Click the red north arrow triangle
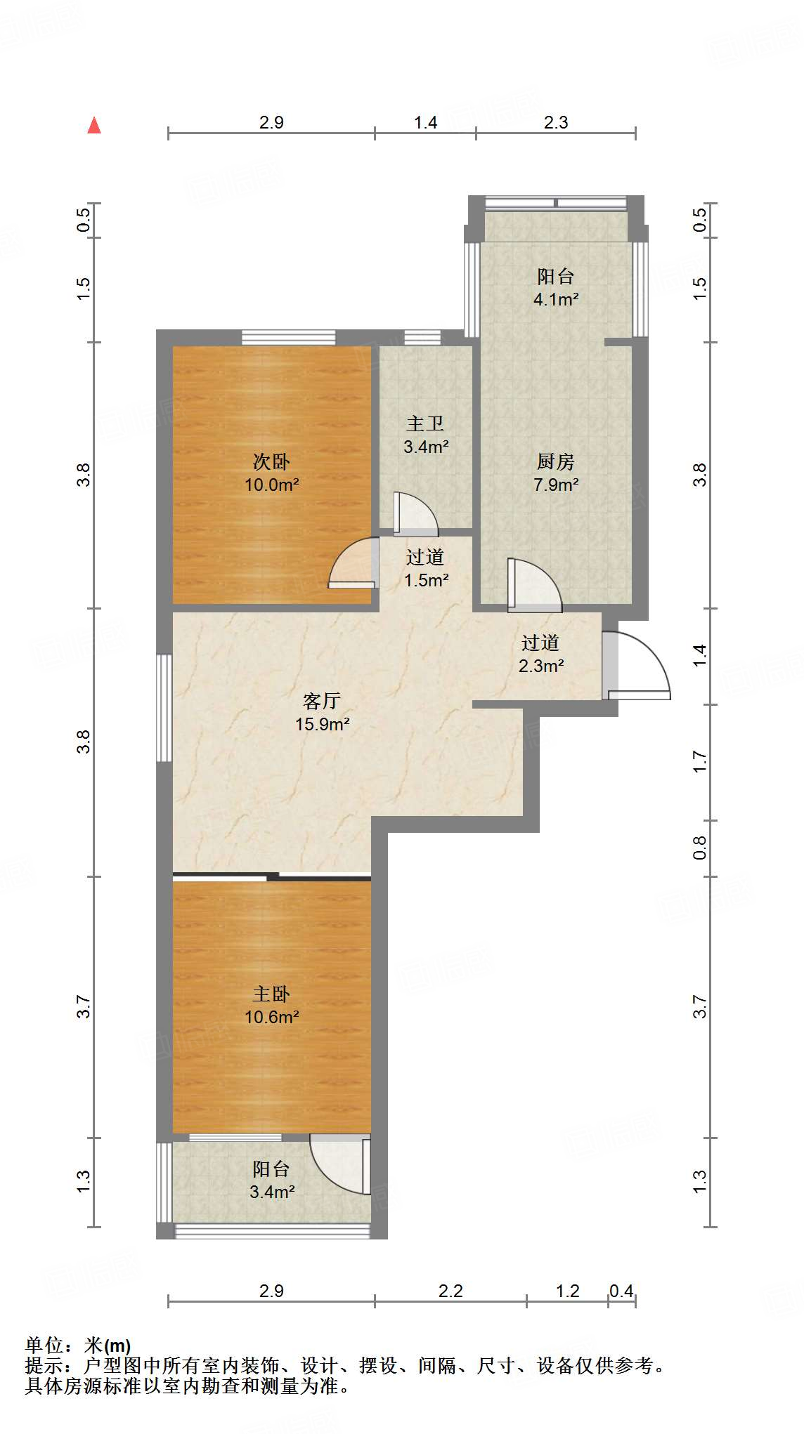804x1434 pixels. (94, 126)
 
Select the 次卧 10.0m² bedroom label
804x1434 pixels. (271, 473)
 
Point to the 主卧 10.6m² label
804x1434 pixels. (271, 1005)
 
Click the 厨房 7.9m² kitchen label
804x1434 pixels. (555, 473)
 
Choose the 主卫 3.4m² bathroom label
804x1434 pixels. (425, 435)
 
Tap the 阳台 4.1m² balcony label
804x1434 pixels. (555, 287)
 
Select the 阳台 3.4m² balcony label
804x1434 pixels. (271, 1180)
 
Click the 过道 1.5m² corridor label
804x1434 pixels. (425, 568)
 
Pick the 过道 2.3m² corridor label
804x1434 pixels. (540, 654)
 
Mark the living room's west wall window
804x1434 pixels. (164, 708)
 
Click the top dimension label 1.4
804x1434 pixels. (425, 122)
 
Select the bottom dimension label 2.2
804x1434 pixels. (450, 1291)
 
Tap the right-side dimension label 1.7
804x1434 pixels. (699, 762)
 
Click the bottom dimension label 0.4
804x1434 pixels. (621, 1291)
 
